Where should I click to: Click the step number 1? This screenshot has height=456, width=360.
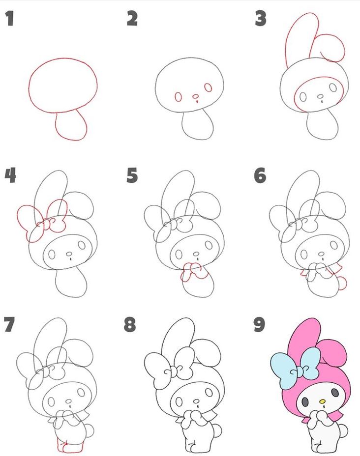10,19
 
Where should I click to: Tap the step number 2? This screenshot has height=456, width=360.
132,19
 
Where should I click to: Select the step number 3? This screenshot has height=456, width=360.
261,19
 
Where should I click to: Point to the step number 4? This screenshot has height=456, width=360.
10,175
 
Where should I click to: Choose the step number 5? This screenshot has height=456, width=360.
132,175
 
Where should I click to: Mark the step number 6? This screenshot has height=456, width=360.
260,175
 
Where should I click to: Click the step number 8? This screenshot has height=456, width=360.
130,324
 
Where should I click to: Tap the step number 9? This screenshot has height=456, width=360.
259,324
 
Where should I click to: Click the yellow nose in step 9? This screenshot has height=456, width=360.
322,401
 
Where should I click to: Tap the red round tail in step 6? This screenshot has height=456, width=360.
343,284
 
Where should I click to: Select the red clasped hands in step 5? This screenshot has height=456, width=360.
194,272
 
